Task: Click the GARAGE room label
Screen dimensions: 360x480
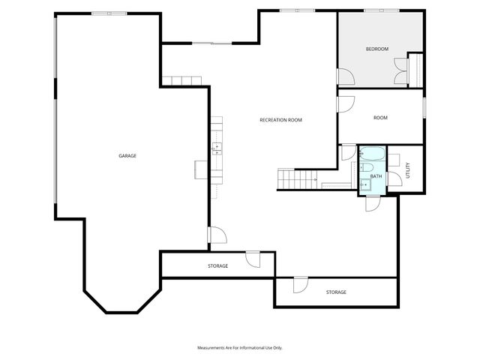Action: coord(127,155)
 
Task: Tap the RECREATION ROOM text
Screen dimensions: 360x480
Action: coord(280,120)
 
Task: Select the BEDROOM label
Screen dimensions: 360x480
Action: coord(377,49)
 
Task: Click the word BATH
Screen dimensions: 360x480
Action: coord(376,176)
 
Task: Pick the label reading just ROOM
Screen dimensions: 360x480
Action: coord(380,118)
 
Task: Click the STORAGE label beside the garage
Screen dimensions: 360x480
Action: coord(218,266)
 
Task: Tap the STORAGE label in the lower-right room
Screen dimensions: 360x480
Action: coord(336,292)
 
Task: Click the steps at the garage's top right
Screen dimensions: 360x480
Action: coord(181,80)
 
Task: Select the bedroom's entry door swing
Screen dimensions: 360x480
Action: coord(346,76)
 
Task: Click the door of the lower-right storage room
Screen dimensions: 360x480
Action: coord(299,284)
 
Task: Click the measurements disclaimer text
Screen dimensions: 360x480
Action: coord(239,348)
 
